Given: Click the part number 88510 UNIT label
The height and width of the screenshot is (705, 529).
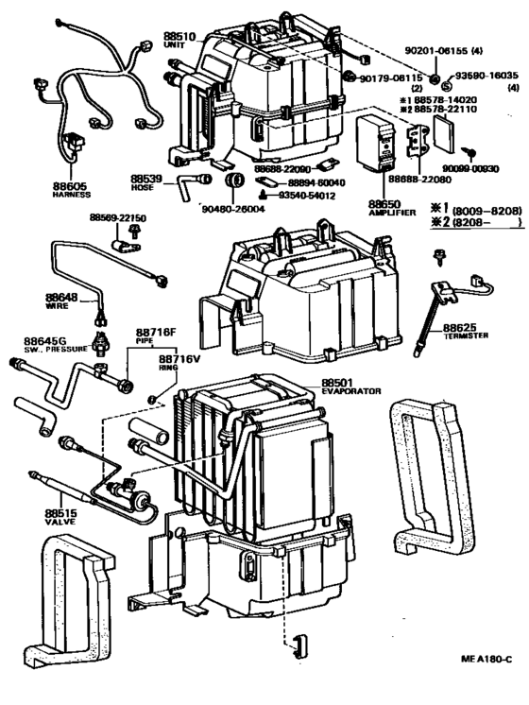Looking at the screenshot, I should (178, 40).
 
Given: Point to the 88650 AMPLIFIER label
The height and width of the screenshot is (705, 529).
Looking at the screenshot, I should (387, 206).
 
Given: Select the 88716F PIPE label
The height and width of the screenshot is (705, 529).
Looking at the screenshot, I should (156, 335).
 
